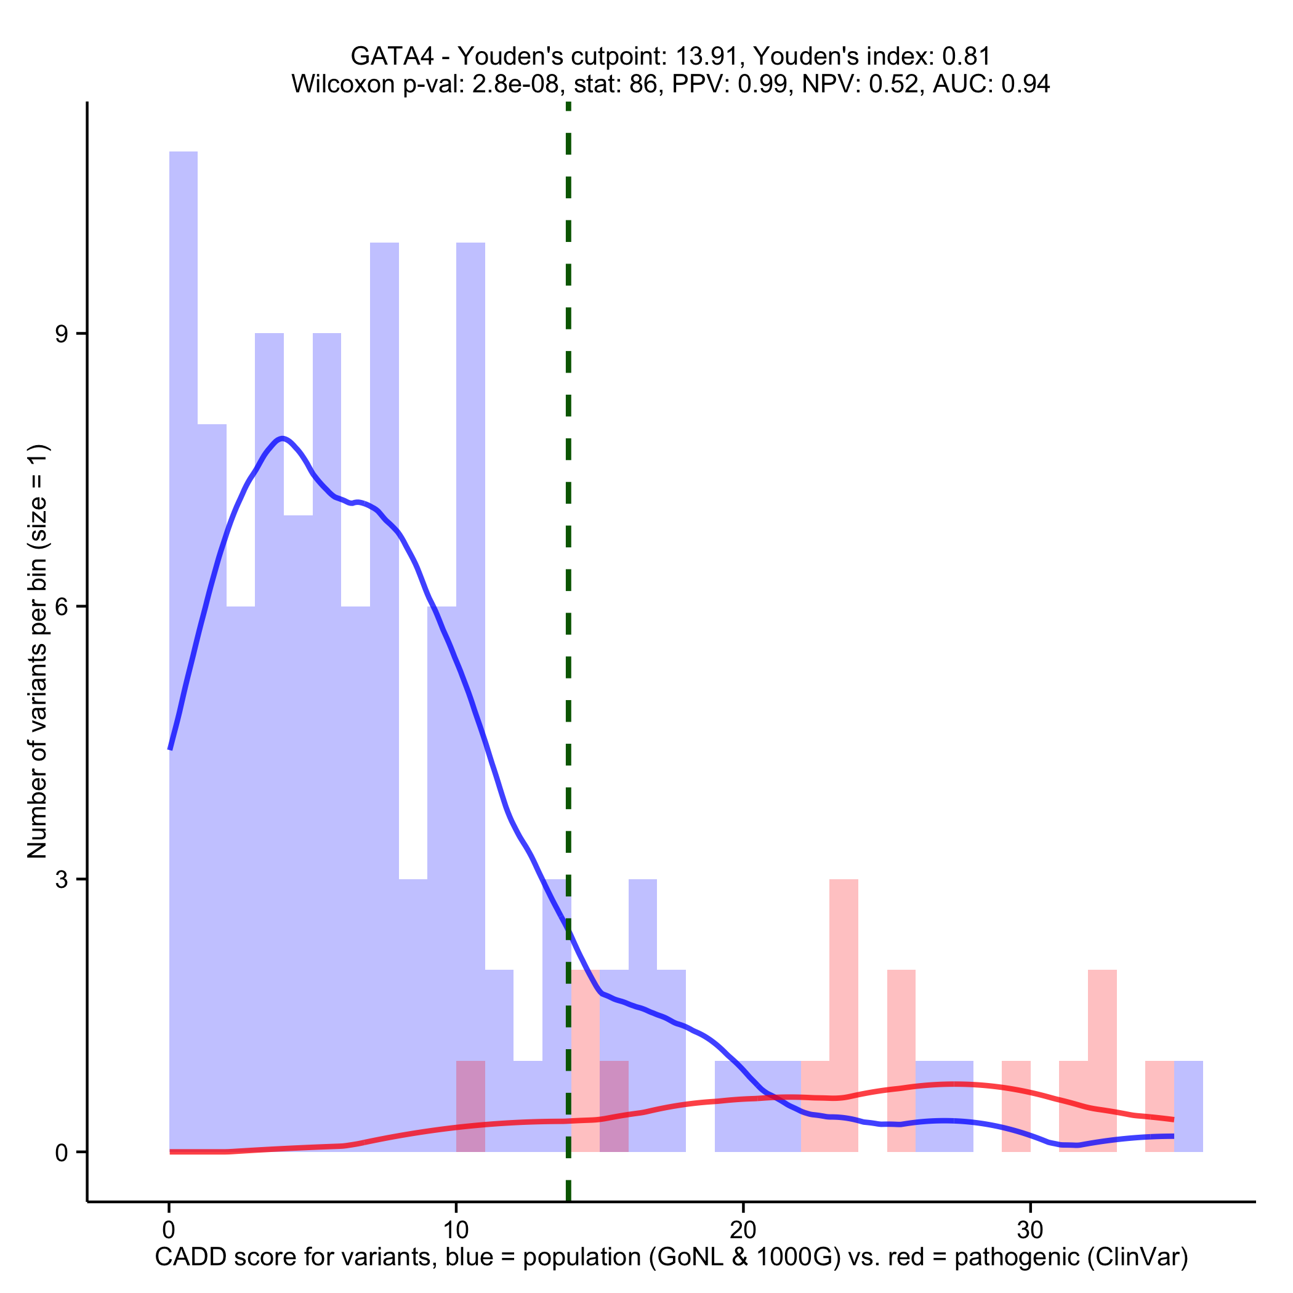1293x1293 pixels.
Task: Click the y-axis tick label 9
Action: pyautogui.click(x=62, y=334)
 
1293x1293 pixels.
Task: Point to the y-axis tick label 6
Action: pyautogui.click(x=62, y=607)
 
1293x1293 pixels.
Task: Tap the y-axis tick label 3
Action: pyautogui.click(x=62, y=879)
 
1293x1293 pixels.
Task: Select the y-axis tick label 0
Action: pyautogui.click(x=62, y=1153)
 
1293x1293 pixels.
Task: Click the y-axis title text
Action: pyautogui.click(x=38, y=651)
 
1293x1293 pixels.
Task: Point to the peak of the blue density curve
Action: pyautogui.click(x=283, y=439)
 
